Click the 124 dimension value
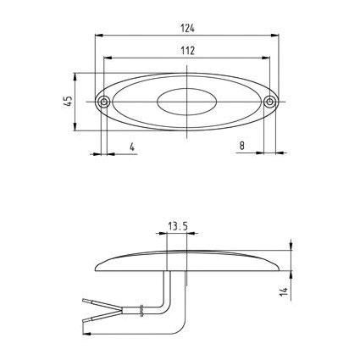pos(188,28)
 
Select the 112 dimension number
pos(188,51)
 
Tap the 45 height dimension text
pos(69,102)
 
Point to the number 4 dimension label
pos(132,147)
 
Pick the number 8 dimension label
pos(242,146)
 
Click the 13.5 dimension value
pos(178,226)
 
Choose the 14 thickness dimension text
pos(284,291)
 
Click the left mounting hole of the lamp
pos(104,102)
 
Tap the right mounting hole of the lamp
pos(270,102)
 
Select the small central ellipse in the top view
pos(187,102)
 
